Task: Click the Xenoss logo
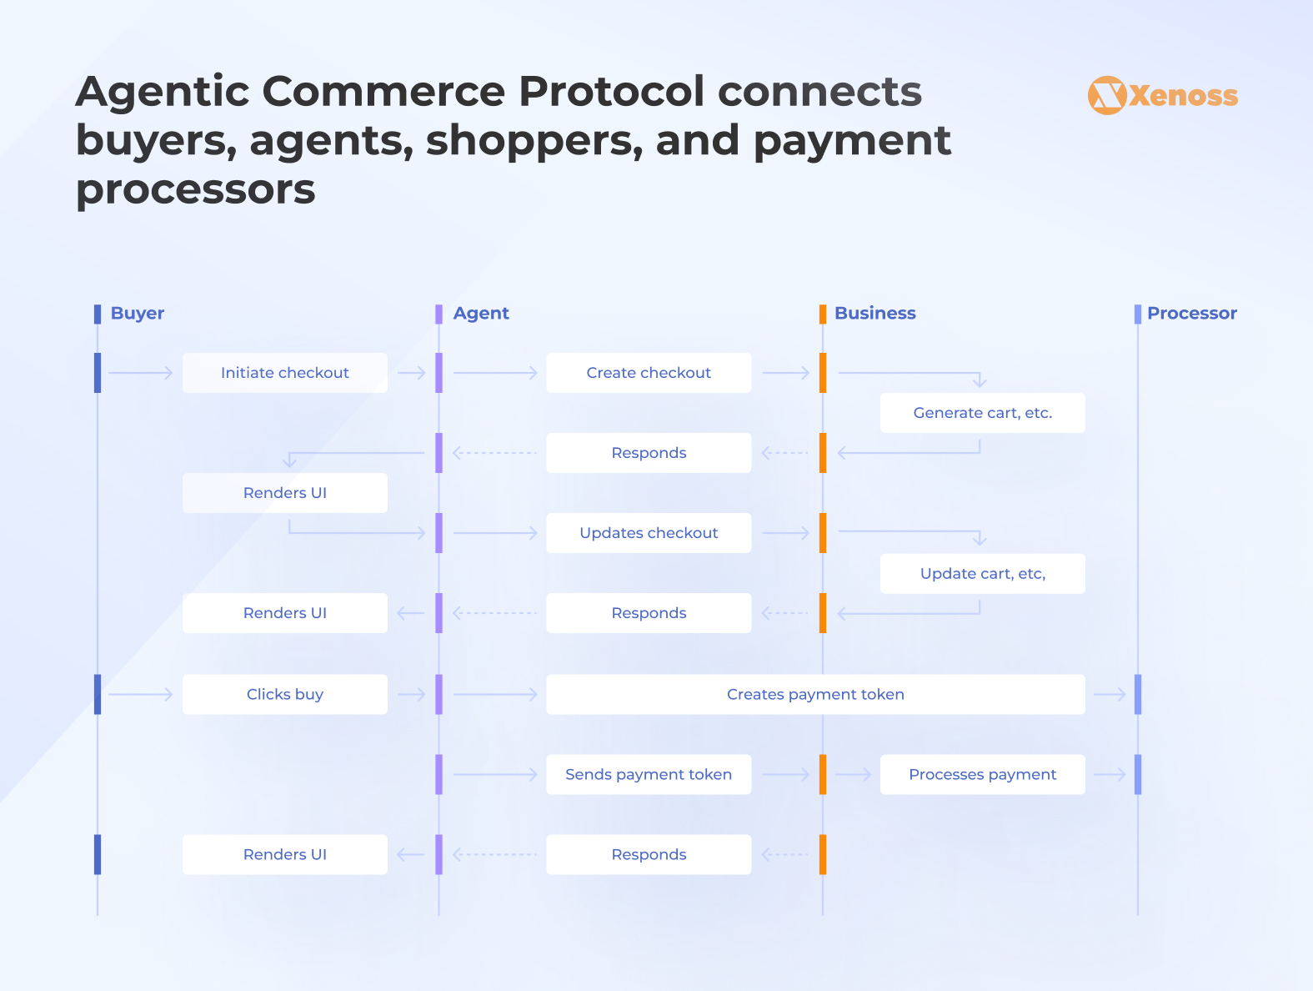point(1162,95)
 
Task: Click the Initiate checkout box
point(285,373)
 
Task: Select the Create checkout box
point(649,373)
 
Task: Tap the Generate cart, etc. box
point(982,413)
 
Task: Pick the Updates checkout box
point(649,533)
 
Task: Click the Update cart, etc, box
point(982,573)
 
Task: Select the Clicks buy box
point(285,694)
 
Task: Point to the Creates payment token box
point(815,694)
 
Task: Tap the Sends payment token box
point(649,774)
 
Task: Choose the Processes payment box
point(982,774)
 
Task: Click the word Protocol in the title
point(611,92)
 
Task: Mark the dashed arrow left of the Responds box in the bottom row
point(494,854)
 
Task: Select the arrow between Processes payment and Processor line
point(1110,774)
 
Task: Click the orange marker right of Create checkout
point(823,373)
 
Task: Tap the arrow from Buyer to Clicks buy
point(141,694)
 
